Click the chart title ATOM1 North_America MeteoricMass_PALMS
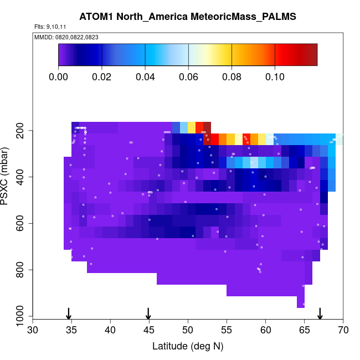pos(188,17)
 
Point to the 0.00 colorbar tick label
pos(58,76)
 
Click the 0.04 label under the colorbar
pos(145,76)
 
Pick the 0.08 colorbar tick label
pos(232,76)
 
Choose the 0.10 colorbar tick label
pos(275,76)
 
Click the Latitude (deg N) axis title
pos(188,346)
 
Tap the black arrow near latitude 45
pos(148,313)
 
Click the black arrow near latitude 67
pos(320,313)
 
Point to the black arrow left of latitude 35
pos(69,313)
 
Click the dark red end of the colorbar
pos(311,55)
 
